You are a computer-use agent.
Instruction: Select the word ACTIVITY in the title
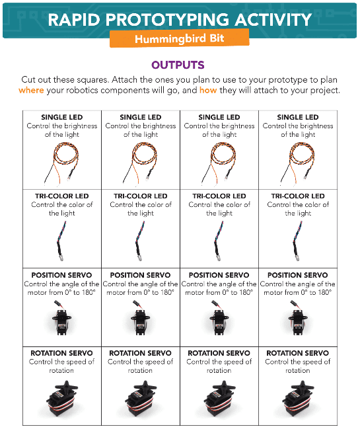[273, 20]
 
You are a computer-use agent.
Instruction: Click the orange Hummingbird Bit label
[179, 38]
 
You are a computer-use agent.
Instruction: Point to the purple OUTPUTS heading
[178, 65]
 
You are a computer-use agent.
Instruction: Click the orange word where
[31, 91]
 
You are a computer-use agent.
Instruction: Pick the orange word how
[208, 91]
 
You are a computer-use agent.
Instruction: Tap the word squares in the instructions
[92, 80]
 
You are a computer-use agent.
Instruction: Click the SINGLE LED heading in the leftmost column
[62, 117]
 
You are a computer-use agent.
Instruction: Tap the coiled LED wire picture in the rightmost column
[298, 163]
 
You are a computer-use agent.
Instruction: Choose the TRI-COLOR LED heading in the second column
[140, 196]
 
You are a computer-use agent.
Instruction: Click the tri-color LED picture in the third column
[219, 241]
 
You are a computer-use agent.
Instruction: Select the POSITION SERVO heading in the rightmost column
[298, 275]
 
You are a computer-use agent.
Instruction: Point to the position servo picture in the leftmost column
[62, 318]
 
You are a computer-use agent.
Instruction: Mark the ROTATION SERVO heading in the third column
[219, 353]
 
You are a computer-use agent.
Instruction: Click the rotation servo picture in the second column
[140, 399]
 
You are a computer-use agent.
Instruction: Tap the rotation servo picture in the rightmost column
[298, 399]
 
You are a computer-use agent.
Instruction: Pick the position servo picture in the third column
[219, 318]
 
